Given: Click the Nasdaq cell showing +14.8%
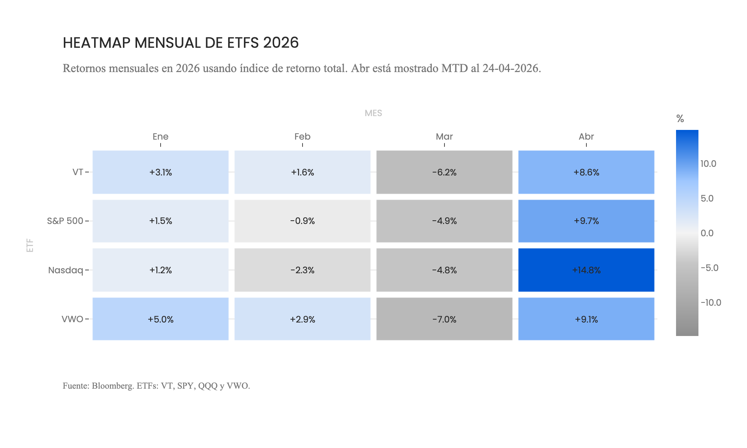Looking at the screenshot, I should click(x=586, y=270).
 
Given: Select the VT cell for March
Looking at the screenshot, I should click(x=444, y=172).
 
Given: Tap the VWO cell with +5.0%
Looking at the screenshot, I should click(x=160, y=319).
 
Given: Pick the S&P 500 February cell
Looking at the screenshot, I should click(x=302, y=221).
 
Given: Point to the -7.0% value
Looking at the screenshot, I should click(x=444, y=319).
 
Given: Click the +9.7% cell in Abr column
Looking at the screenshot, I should click(x=586, y=221).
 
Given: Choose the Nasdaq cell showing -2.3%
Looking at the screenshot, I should click(x=302, y=270).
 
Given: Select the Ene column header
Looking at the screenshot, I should click(x=160, y=137).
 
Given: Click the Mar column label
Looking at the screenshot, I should click(x=444, y=137).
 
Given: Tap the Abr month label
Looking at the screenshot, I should click(x=586, y=137).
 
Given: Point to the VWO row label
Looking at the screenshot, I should click(x=72, y=319).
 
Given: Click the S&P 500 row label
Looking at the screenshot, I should click(x=65, y=221).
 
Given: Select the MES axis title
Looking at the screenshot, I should click(x=373, y=113).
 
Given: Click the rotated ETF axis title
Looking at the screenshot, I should click(x=30, y=245).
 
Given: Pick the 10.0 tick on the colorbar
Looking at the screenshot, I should click(x=708, y=164).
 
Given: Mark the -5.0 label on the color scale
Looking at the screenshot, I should click(x=709, y=268).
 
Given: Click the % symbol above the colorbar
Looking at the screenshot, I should click(x=680, y=119).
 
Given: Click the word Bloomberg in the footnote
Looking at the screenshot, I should click(x=112, y=386).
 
